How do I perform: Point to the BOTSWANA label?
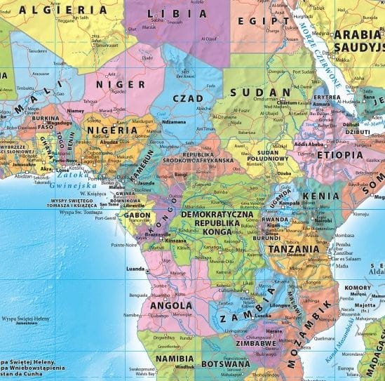(x=225, y=364)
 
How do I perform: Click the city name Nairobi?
(x=323, y=220)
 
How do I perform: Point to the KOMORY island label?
(x=358, y=287)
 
